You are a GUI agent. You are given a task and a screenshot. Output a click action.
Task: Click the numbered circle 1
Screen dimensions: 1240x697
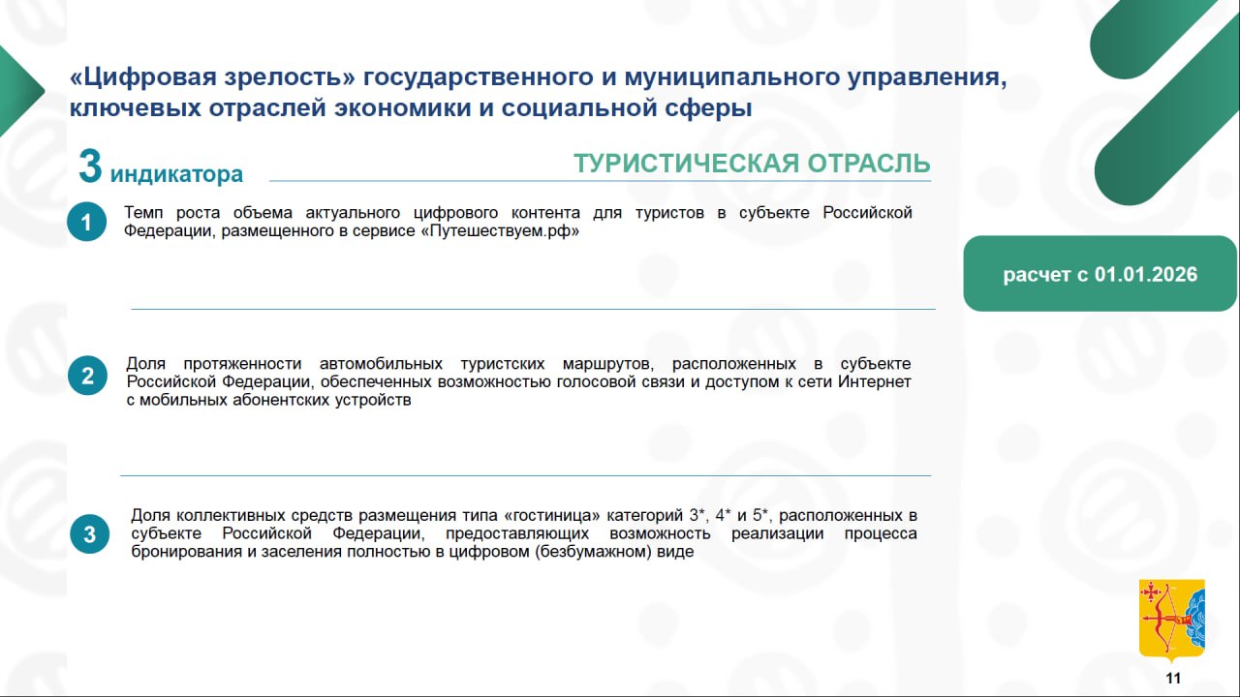tap(87, 222)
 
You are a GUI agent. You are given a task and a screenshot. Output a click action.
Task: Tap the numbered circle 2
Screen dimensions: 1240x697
tap(87, 376)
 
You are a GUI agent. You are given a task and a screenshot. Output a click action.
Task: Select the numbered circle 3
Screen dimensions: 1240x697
tap(90, 534)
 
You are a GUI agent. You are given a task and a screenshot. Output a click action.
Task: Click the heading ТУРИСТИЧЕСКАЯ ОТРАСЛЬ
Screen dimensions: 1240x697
tap(752, 164)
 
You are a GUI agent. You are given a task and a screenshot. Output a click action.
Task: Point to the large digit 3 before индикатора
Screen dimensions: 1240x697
tap(90, 166)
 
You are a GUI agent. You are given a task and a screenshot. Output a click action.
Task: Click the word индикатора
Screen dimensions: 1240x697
tap(176, 174)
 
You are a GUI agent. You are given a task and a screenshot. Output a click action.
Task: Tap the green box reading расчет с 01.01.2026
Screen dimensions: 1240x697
tap(1100, 274)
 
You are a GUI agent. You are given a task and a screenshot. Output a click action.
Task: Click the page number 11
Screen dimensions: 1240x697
tap(1173, 679)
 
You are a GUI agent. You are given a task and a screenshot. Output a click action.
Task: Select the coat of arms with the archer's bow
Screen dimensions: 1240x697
tap(1172, 621)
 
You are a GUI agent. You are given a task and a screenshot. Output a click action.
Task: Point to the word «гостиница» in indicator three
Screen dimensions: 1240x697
tap(552, 516)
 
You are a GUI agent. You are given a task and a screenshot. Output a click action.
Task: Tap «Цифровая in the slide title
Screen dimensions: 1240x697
tap(144, 76)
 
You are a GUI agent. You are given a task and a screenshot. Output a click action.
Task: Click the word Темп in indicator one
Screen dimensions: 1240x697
tap(143, 212)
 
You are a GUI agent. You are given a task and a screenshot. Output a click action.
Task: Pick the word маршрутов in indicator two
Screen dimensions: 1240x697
tap(607, 364)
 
